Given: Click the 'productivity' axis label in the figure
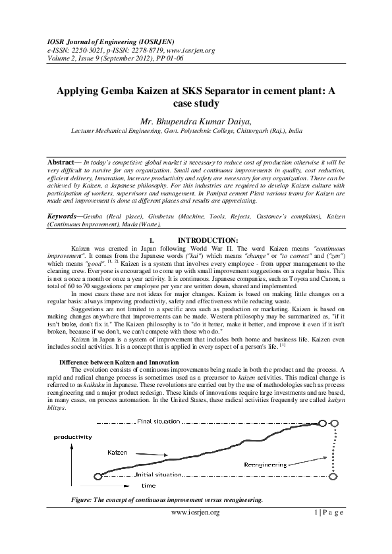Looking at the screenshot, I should click(73, 437).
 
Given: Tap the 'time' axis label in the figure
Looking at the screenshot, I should click(148, 486).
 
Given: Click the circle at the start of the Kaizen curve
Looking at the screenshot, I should click(98, 476).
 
